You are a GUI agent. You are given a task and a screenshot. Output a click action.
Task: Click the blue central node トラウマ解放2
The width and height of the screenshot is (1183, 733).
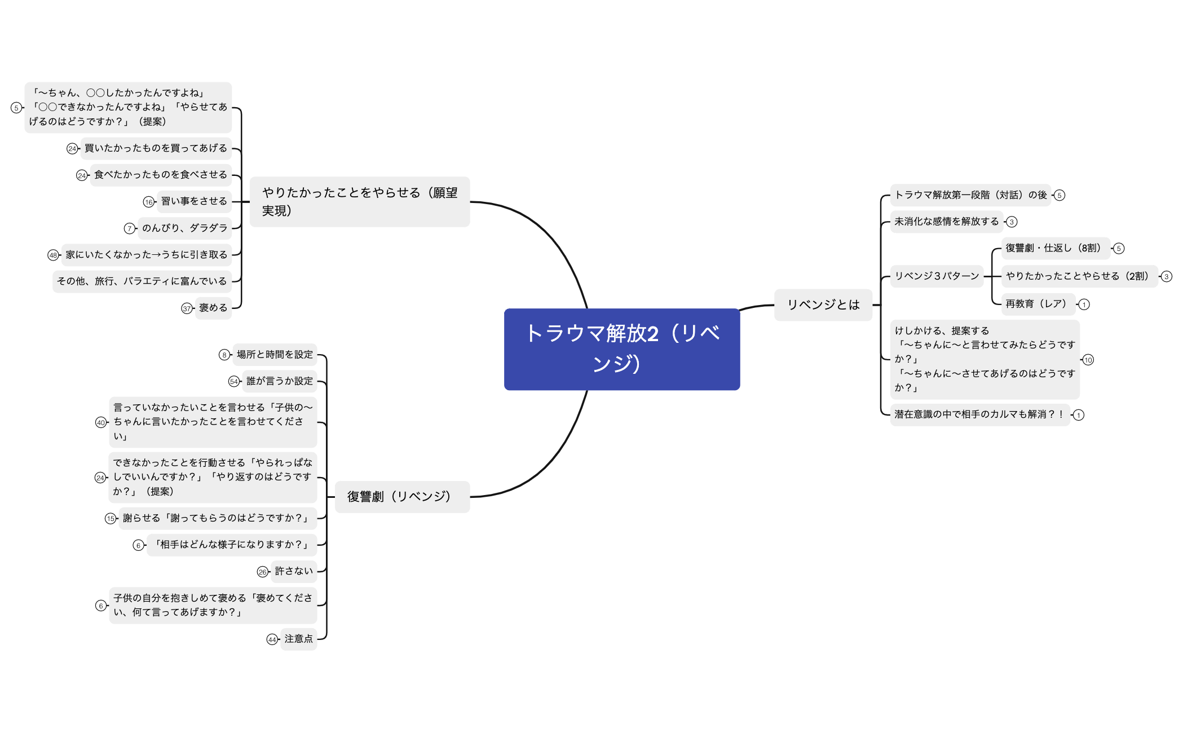point(621,349)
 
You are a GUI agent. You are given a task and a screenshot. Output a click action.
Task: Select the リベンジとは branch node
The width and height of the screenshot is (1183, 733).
point(823,305)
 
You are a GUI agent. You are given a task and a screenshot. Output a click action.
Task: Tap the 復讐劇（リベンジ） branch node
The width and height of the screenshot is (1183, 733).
point(401,497)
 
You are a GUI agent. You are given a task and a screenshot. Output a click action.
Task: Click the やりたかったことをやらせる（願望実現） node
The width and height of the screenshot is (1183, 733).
point(359,202)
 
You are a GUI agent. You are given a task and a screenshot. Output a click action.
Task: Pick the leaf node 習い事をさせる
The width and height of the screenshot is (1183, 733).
point(194,201)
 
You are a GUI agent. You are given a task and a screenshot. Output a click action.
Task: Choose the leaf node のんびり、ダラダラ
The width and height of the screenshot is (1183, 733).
point(184,228)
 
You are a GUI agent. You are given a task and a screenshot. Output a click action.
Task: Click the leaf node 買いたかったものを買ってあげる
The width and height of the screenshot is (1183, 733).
point(156,148)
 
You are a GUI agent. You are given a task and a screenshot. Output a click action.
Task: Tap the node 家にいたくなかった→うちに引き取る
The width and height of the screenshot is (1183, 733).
point(146,255)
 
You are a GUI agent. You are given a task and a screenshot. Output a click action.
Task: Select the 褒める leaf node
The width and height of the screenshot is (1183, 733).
point(213,308)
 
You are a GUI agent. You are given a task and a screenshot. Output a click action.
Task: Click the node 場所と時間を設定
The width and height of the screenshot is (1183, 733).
point(275,355)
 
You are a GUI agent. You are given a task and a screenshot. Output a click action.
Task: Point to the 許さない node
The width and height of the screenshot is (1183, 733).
point(293,571)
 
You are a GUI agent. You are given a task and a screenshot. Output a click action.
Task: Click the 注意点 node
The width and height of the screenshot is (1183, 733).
point(298,639)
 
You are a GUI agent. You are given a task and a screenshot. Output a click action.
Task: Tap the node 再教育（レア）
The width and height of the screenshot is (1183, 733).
point(1036,304)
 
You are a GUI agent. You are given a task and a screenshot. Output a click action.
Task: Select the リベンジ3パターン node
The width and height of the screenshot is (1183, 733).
point(937,276)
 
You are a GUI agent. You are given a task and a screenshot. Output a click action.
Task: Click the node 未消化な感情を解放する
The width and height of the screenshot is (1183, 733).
point(946,222)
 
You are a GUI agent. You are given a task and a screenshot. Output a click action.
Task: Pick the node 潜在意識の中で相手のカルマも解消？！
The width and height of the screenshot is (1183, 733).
point(979,414)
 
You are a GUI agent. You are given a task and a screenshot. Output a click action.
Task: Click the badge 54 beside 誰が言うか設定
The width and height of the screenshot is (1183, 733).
point(234,382)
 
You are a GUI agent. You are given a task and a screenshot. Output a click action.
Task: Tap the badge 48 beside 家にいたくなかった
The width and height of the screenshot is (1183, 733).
point(53,255)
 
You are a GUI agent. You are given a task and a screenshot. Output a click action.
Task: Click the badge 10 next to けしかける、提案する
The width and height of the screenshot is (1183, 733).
point(1088,360)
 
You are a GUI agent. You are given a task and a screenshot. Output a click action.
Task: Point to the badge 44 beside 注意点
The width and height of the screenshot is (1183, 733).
point(272,639)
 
